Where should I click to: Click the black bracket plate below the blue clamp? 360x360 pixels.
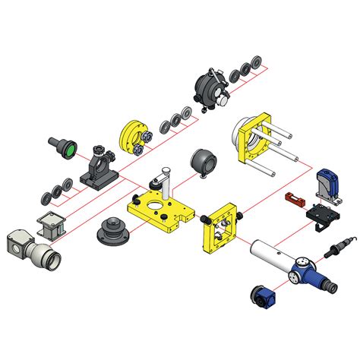click(322, 216)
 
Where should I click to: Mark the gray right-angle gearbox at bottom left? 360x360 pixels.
click(30, 249)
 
